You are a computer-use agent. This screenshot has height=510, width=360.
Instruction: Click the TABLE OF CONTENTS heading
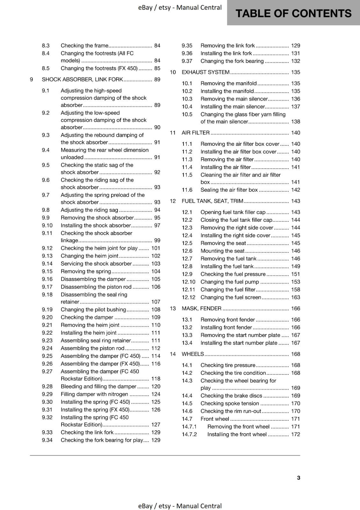click(293, 13)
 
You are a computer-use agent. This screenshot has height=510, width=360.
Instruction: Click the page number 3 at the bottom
click(299, 478)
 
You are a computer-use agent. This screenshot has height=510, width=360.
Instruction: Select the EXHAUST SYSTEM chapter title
click(205, 72)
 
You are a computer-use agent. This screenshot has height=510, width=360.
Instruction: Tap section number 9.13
click(47, 256)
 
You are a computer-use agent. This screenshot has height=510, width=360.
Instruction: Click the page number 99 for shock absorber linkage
click(157, 241)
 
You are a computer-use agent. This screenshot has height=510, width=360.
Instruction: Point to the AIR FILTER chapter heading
click(196, 133)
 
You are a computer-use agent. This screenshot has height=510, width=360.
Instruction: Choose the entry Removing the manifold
click(228, 84)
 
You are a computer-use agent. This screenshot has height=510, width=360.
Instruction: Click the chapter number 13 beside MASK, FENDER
click(173, 309)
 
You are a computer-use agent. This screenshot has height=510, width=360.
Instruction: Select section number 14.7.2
click(189, 434)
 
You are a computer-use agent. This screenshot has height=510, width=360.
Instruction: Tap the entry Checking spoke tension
click(230, 404)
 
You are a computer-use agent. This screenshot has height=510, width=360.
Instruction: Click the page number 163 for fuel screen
click(295, 297)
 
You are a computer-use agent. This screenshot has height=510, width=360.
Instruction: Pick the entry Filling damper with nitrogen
click(94, 394)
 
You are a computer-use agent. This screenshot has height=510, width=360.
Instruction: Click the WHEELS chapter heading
click(193, 354)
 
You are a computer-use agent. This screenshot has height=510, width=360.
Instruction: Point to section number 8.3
click(46, 46)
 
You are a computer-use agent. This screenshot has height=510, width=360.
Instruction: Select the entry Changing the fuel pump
click(230, 282)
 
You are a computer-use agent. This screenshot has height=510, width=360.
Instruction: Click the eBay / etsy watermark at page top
click(180, 7)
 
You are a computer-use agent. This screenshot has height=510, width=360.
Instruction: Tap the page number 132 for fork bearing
click(295, 61)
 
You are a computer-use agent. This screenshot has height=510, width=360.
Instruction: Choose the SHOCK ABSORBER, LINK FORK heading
click(82, 80)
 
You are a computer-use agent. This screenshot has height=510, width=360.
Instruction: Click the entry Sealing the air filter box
click(229, 190)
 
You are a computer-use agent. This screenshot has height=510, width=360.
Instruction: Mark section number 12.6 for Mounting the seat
click(187, 251)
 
